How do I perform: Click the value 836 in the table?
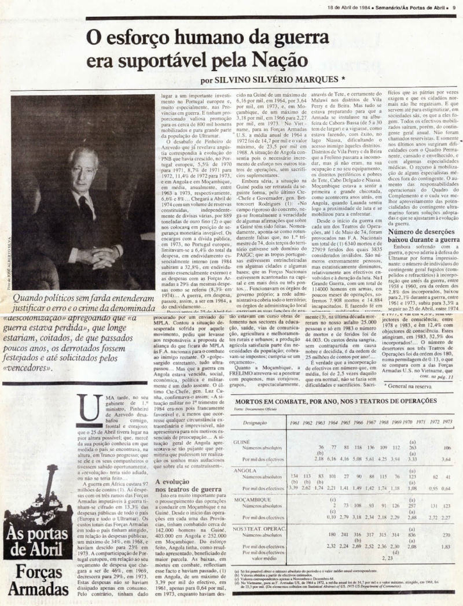pos(412,535)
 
